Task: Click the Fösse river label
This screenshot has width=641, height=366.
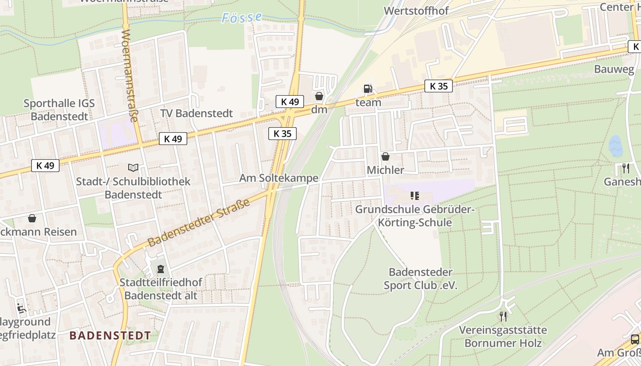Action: click(x=242, y=18)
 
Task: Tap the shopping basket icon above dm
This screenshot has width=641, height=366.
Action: click(x=319, y=96)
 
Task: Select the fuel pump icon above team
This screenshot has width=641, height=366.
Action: click(x=368, y=89)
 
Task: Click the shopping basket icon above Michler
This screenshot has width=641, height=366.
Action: click(x=386, y=156)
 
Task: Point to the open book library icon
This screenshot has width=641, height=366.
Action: click(x=133, y=168)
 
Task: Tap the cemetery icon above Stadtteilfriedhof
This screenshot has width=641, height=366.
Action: click(x=160, y=269)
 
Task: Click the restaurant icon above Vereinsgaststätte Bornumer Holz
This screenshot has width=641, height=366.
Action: click(x=503, y=316)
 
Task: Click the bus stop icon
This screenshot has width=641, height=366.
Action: click(x=635, y=339)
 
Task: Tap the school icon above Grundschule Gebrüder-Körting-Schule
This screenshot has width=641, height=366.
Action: click(x=415, y=196)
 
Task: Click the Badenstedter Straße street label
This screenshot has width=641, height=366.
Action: click(x=199, y=223)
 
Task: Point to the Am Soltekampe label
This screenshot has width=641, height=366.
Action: click(x=278, y=178)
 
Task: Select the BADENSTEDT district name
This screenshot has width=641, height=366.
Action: click(x=110, y=335)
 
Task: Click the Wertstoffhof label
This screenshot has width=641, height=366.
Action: click(x=416, y=11)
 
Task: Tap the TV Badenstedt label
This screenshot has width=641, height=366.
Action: click(x=196, y=113)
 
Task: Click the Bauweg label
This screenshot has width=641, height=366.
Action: click(x=614, y=69)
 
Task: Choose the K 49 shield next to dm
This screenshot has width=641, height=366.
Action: click(x=290, y=102)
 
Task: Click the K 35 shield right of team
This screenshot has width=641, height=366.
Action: click(x=438, y=86)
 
